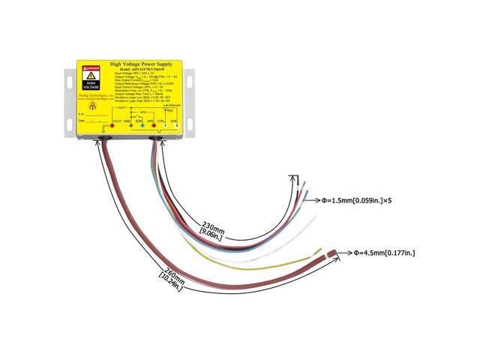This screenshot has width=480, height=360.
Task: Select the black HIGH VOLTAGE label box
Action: click(x=90, y=85)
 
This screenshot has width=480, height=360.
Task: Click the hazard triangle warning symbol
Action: click(x=90, y=76)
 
